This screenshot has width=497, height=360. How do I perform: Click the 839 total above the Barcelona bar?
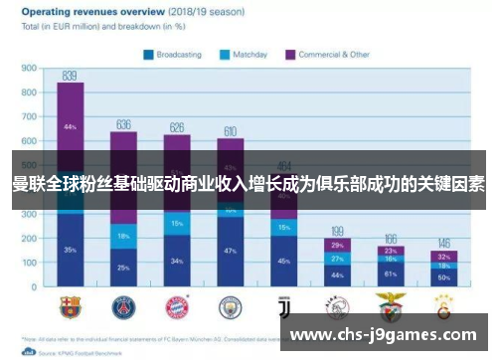tap(70, 76)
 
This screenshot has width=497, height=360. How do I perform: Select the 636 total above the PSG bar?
tap(123, 124)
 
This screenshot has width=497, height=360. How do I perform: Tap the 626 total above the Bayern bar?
tap(177, 127)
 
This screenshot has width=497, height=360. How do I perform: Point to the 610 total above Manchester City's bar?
tap(231, 131)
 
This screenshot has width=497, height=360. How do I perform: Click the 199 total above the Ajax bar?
tap(338, 230)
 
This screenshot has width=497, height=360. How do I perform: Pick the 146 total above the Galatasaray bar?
tap(444, 243)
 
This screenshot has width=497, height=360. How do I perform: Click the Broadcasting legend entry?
tap(175, 55)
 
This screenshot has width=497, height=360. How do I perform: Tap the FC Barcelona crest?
tap(70, 306)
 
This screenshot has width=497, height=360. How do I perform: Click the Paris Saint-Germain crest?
tap(123, 306)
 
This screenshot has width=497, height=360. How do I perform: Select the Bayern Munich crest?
tap(177, 306)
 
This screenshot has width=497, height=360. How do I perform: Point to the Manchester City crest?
tap(231, 306)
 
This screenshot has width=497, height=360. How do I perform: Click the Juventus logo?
tap(284, 306)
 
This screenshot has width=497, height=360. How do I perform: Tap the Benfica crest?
tap(391, 306)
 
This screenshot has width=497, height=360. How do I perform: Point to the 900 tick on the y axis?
tap(29, 69)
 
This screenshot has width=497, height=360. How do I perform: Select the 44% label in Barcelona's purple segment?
tap(70, 127)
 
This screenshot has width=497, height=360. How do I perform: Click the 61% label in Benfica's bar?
tap(391, 273)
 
